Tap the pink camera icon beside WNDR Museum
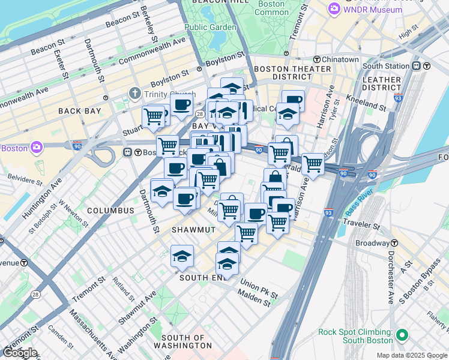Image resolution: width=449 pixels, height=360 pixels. click(334, 10)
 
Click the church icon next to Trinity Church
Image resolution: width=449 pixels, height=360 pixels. click(134, 94)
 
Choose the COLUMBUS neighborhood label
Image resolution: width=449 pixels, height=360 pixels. click(110, 211)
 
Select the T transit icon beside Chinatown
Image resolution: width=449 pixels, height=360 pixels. click(316, 59)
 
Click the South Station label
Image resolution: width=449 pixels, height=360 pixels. click(385, 66)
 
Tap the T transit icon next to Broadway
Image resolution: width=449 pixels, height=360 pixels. click(395, 243)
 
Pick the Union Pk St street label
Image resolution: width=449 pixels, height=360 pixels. click(259, 286)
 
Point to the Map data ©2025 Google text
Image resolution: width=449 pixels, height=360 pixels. click(411, 355)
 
